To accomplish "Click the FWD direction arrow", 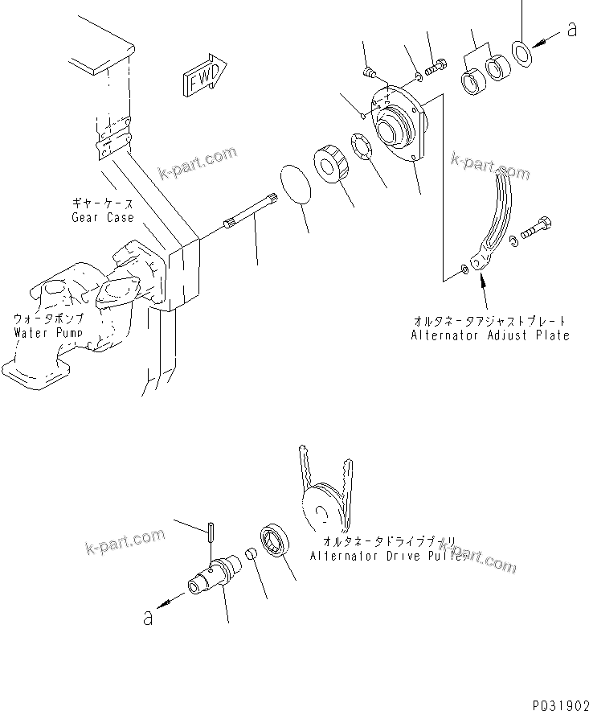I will [x=206, y=78].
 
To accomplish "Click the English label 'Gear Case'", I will [x=102, y=218].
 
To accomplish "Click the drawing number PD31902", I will [x=559, y=702].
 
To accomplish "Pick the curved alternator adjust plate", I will [x=493, y=221].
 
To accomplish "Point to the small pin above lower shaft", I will [x=209, y=532].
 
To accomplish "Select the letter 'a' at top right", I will [x=571, y=30].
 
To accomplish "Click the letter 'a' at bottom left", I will [x=148, y=618].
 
